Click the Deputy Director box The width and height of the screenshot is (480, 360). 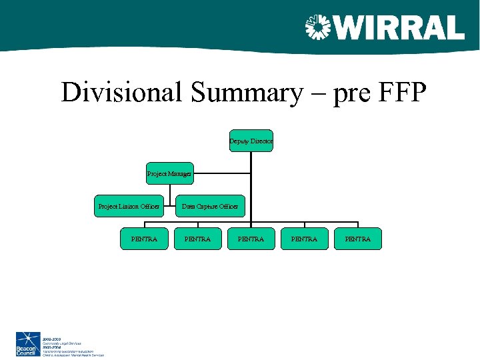click(251, 141)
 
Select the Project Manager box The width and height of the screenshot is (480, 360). click(170, 173)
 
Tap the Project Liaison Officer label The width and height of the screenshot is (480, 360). click(129, 207)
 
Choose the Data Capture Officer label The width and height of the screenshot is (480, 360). click(210, 207)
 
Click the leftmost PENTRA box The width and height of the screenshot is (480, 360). click(145, 239)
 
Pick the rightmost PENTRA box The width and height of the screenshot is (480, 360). click(358, 239)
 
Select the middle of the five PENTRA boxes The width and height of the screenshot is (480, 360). click(251, 239)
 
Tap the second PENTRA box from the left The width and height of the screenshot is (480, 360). click(198, 239)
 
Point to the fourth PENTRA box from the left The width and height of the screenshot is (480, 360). click(305, 239)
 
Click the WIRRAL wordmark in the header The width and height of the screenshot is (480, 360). click(399, 28)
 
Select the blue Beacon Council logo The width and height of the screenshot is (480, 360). click(28, 344)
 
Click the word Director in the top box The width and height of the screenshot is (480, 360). click(261, 141)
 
